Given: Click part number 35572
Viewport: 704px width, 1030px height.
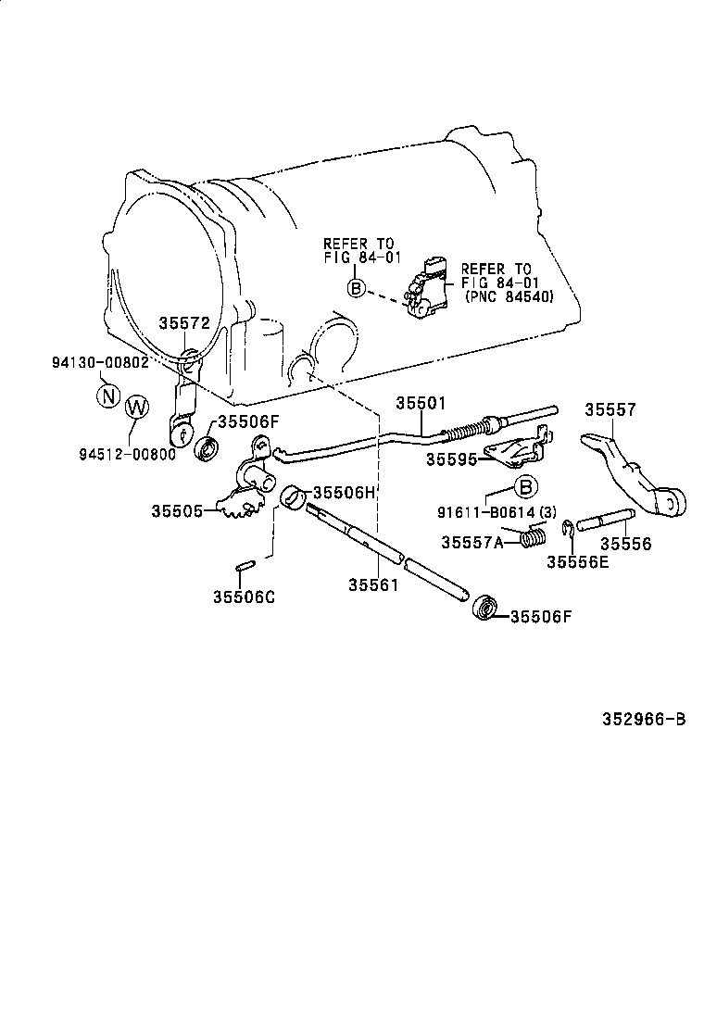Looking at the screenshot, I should pyautogui.click(x=184, y=323).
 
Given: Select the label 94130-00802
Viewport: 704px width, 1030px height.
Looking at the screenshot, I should pyautogui.click(x=100, y=362).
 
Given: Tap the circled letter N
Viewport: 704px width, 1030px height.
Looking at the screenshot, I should pyautogui.click(x=108, y=396).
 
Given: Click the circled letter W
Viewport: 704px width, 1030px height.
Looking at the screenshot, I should pyautogui.click(x=135, y=407).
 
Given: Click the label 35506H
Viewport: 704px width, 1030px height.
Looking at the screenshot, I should pyautogui.click(x=345, y=493).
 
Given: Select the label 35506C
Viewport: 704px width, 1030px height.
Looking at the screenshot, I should pyautogui.click(x=245, y=597).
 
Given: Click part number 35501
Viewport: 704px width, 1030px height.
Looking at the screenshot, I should pyautogui.click(x=421, y=403).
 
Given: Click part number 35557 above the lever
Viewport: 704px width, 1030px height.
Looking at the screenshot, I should pyautogui.click(x=610, y=409).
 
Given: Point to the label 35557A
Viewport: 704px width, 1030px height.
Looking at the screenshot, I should pyautogui.click(x=471, y=542).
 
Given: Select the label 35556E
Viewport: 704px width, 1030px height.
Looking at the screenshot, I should pyautogui.click(x=577, y=561).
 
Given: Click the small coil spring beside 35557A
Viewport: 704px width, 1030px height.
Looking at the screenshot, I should pyautogui.click(x=534, y=535).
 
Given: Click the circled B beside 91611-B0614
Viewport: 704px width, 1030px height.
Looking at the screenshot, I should pyautogui.click(x=525, y=486).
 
